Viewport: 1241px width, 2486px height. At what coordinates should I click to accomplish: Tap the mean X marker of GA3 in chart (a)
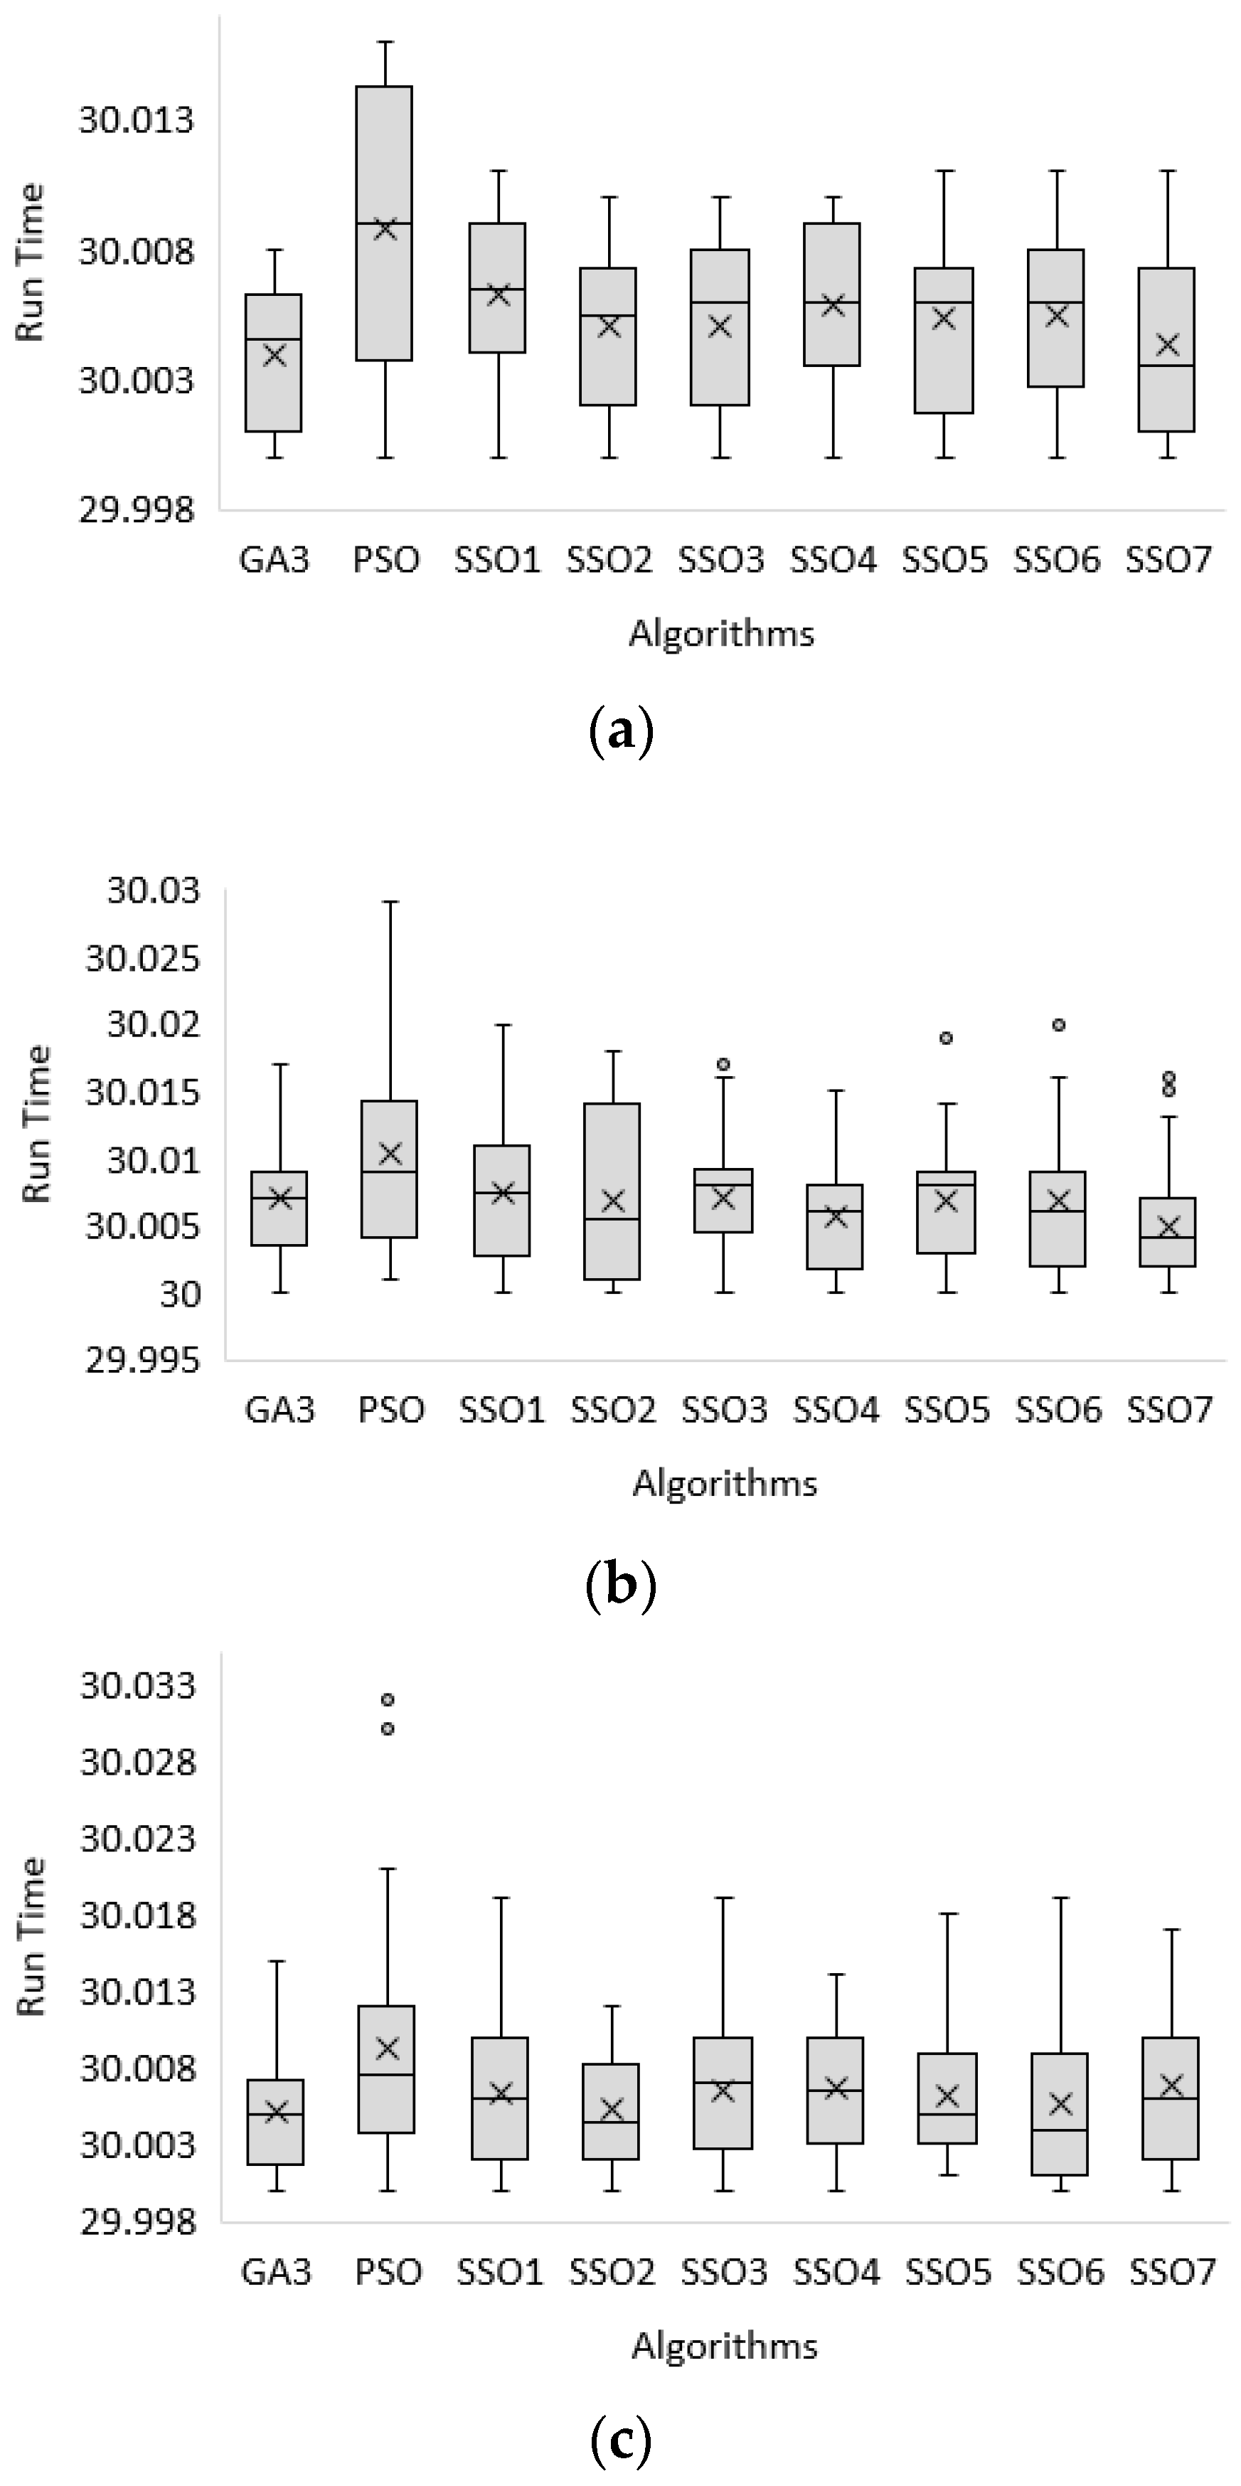[274, 355]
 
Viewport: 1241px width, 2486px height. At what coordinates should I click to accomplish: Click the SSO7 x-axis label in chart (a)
[1168, 559]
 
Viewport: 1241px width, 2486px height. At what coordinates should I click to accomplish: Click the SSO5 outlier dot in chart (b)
[947, 1039]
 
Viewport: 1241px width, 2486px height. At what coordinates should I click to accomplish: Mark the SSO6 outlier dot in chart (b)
[1058, 1025]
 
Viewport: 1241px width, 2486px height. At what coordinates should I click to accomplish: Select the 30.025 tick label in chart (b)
[143, 960]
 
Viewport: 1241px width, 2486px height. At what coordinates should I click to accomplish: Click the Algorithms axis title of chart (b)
[724, 1482]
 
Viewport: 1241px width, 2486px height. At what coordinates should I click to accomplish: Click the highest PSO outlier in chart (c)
[387, 1699]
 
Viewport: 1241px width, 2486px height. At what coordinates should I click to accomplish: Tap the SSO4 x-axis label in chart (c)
[836, 2272]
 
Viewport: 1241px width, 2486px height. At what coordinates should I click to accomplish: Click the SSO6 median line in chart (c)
[1060, 2130]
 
